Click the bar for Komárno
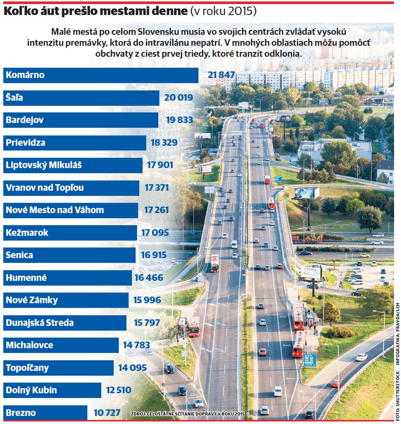(x=101, y=75)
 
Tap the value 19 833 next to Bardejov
(x=179, y=120)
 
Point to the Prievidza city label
(x=26, y=143)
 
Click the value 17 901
(x=160, y=165)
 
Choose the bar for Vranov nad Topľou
(x=71, y=188)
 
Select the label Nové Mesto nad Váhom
(x=55, y=210)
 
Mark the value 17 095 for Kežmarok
(x=155, y=233)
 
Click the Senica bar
(x=69, y=255)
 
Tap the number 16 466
(x=149, y=278)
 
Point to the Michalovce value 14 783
(x=136, y=345)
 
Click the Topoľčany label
(x=27, y=368)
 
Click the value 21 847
(x=221, y=75)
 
